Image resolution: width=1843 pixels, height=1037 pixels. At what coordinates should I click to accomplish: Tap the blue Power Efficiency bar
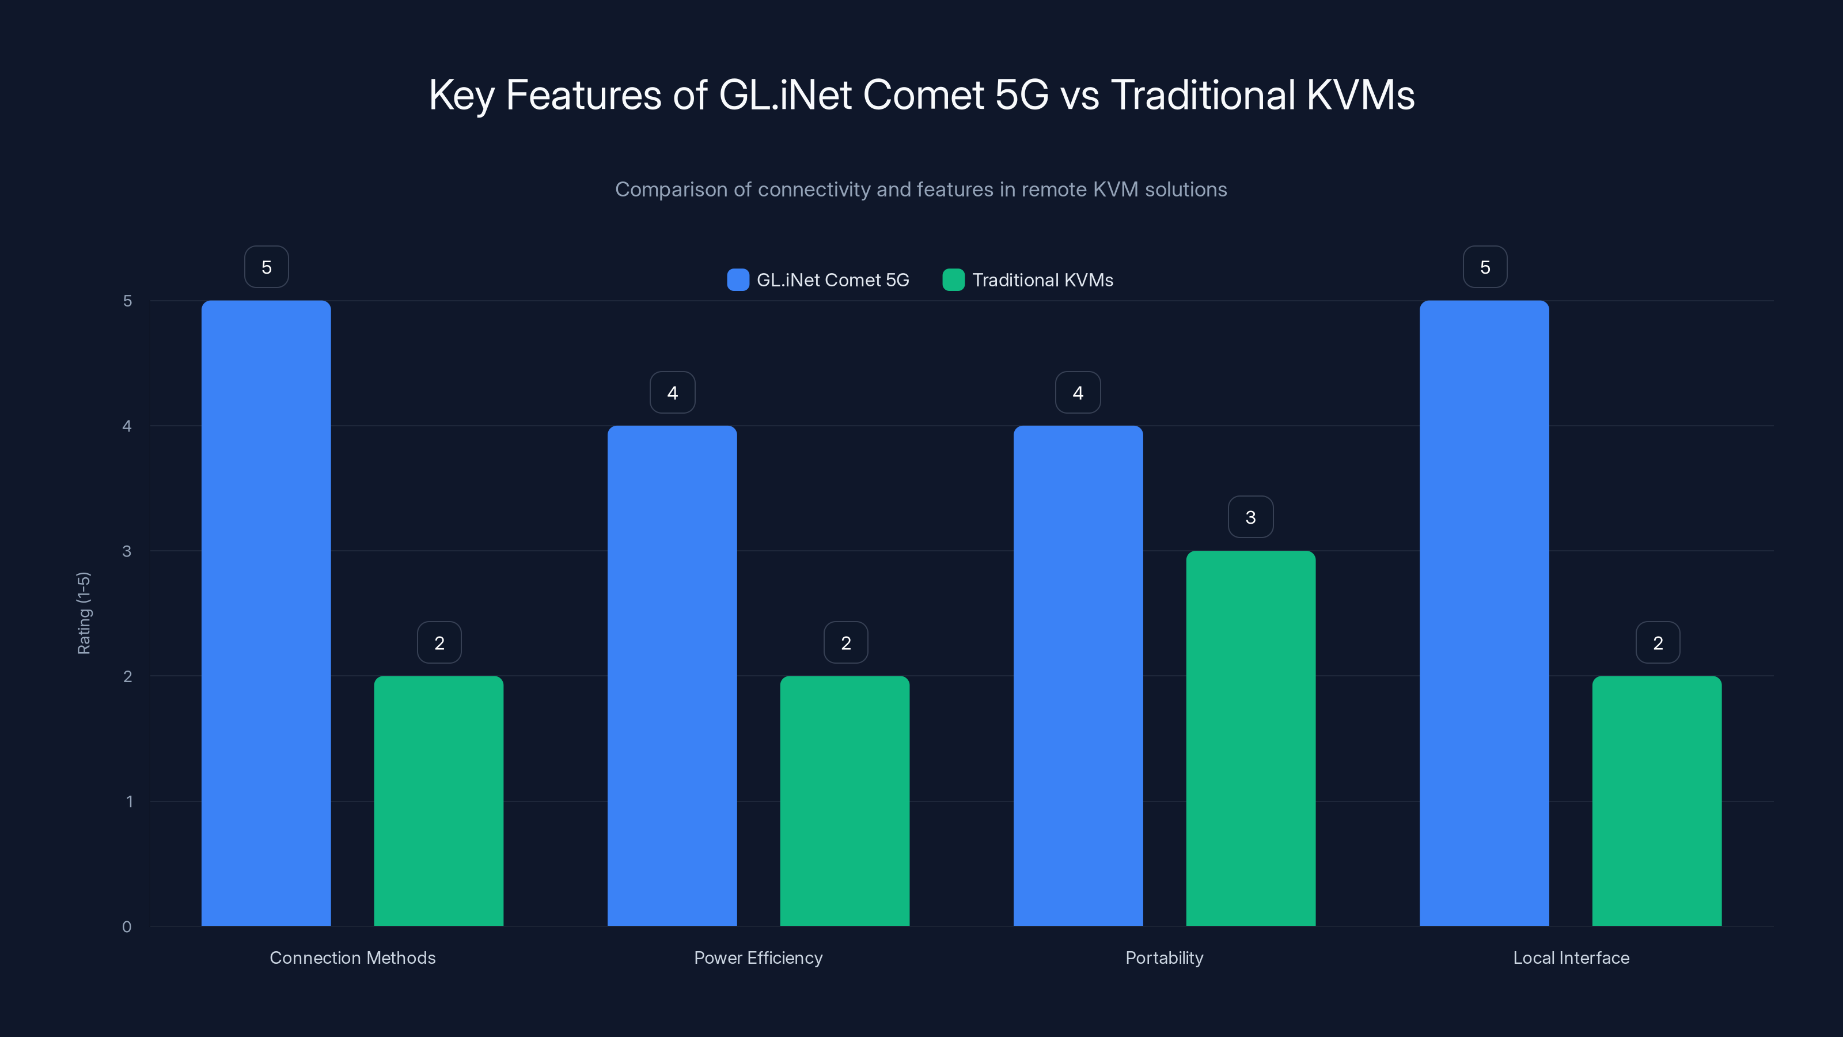click(x=672, y=676)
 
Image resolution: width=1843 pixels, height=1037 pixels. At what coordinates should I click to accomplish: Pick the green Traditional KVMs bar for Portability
click(x=1250, y=738)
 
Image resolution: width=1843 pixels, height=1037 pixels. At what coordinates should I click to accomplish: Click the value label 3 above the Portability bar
click(x=1250, y=517)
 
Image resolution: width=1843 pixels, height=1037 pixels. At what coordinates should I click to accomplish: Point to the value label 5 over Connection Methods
click(x=266, y=267)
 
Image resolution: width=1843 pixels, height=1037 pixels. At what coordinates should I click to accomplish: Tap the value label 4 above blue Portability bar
click(x=1078, y=392)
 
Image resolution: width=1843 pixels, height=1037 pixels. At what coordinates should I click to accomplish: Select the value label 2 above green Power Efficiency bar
click(x=845, y=643)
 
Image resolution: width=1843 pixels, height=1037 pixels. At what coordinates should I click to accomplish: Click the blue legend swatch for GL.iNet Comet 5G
click(x=738, y=280)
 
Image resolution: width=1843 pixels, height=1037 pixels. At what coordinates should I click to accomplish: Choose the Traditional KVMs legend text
click(x=1042, y=280)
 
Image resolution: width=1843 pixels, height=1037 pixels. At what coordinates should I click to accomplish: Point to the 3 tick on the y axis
click(x=127, y=551)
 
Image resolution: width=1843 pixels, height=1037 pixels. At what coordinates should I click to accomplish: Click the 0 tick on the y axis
click(x=127, y=927)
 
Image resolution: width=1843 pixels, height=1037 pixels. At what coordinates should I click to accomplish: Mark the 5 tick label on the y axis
click(x=127, y=301)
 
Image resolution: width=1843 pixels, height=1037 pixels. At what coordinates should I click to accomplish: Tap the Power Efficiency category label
click(x=759, y=957)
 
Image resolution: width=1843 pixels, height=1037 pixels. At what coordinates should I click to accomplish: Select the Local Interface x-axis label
click(x=1571, y=957)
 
